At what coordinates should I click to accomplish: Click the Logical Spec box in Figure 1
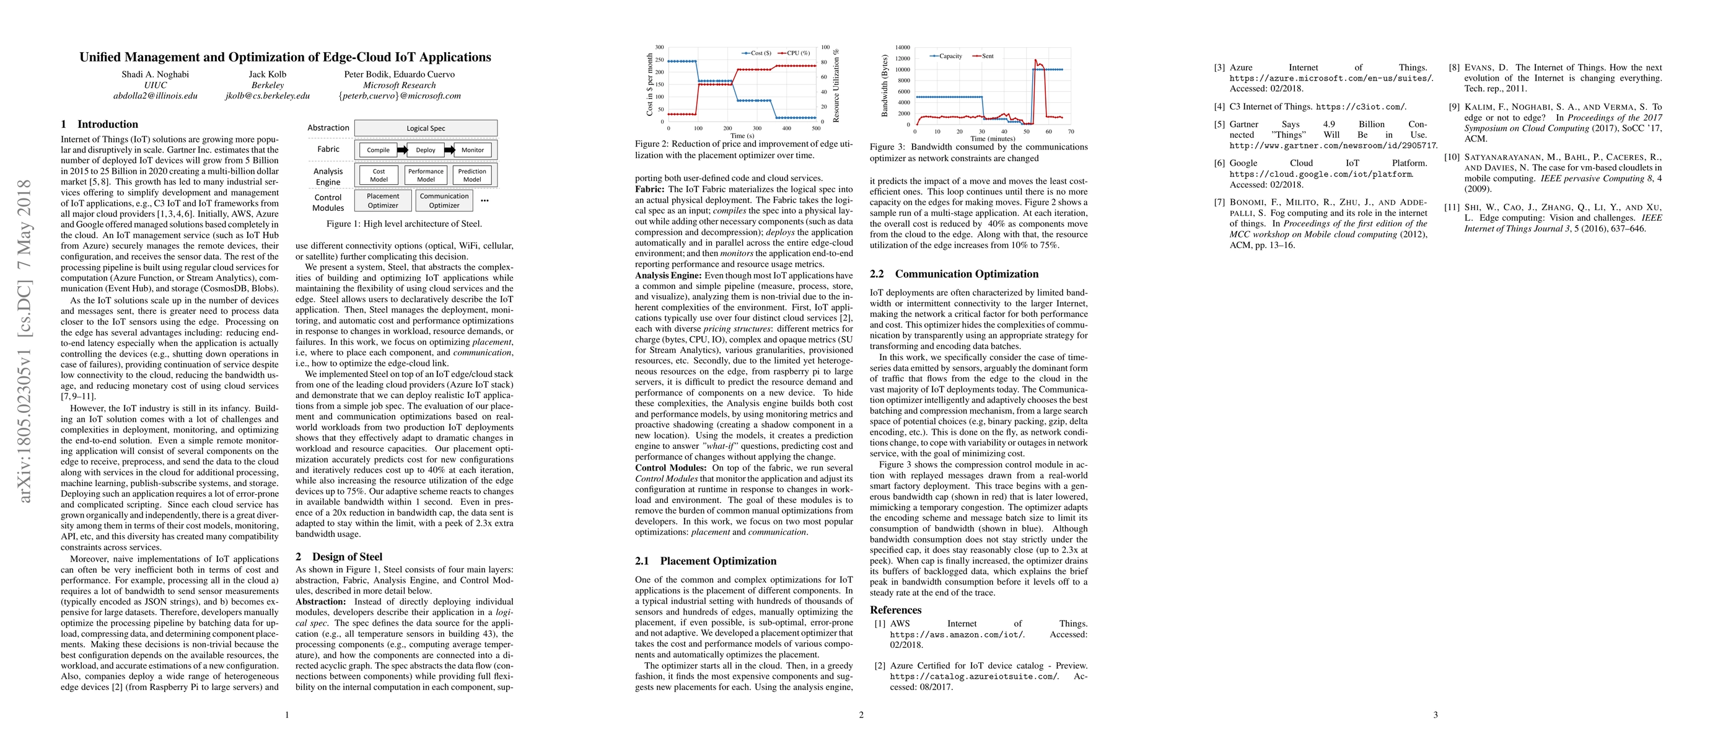(x=426, y=128)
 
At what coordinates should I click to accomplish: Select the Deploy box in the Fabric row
(x=426, y=150)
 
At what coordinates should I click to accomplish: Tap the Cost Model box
(x=379, y=175)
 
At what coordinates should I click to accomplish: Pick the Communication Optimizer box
(x=444, y=201)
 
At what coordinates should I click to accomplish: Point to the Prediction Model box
(x=472, y=175)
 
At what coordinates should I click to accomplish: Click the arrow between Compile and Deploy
(x=401, y=150)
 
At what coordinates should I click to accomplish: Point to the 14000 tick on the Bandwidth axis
(x=902, y=48)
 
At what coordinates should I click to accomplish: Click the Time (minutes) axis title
(x=993, y=138)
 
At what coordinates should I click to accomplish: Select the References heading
(x=896, y=610)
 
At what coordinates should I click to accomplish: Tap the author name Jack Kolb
(x=268, y=74)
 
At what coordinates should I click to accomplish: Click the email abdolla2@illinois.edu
(x=155, y=95)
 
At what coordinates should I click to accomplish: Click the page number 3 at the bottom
(x=1436, y=715)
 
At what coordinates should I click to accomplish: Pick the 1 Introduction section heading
(x=99, y=125)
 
